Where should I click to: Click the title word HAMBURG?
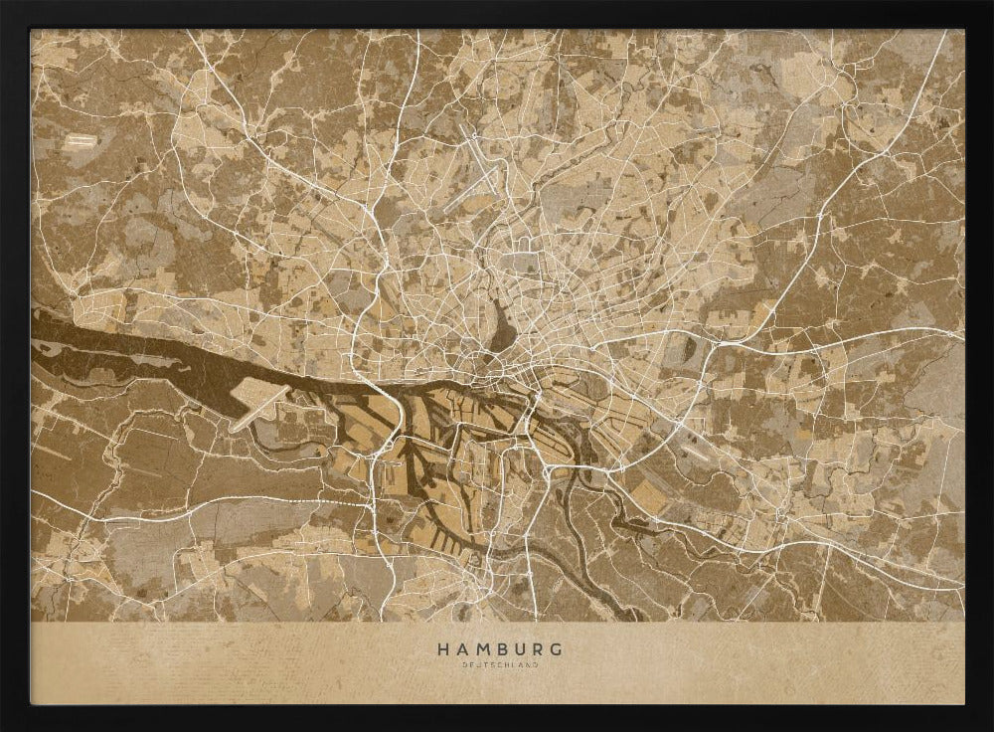pos(497,649)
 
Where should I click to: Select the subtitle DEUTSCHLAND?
pos(497,665)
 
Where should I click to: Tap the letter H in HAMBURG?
pos(442,649)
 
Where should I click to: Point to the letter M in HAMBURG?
pos(480,649)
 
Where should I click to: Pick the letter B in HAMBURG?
pos(499,649)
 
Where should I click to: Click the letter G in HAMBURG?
pos(553,649)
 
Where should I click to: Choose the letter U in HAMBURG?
pos(517,649)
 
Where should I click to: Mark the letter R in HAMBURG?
pos(535,649)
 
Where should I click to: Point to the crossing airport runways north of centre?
pos(484,168)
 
